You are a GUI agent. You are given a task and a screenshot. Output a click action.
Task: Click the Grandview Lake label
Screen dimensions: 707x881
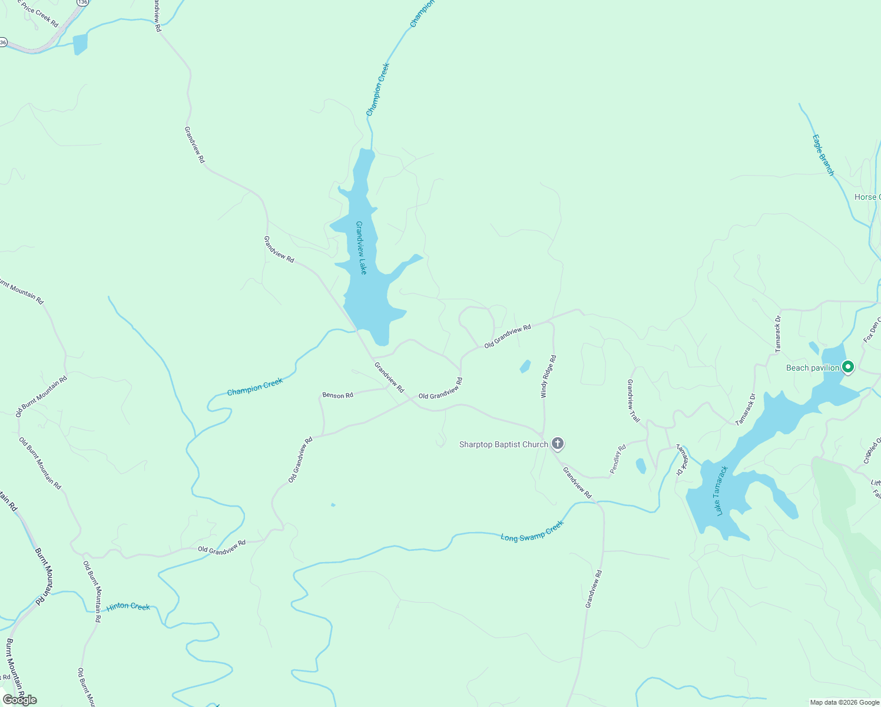361,247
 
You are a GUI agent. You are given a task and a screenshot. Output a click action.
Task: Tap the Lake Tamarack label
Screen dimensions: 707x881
723,491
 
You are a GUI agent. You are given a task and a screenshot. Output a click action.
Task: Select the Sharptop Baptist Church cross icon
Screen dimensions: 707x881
557,444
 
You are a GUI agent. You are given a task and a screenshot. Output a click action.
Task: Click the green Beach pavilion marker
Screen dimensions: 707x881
847,367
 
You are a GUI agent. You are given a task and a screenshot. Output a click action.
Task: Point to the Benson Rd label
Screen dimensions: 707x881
337,395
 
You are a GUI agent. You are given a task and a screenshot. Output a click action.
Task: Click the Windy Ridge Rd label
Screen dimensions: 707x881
548,376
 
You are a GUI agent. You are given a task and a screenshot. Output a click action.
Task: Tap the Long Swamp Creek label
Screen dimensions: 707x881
532,530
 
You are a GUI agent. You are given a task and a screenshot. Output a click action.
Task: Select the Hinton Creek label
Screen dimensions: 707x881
128,607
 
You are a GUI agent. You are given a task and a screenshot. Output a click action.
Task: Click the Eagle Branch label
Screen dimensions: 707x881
823,155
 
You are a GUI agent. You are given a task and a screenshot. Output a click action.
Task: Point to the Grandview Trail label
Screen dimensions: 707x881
633,401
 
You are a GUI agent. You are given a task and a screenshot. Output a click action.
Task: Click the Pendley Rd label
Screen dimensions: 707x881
618,459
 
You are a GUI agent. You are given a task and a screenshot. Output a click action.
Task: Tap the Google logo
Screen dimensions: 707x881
19,700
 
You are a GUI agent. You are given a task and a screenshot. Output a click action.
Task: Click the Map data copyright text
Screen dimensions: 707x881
843,702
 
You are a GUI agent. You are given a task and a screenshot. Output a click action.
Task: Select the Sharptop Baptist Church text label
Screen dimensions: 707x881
504,444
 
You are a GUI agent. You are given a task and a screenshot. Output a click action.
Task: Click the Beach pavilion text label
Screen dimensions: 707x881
812,368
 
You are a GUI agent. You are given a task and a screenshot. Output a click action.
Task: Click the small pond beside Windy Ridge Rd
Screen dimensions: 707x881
525,366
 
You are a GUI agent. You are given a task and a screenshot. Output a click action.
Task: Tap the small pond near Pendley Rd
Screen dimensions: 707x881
641,466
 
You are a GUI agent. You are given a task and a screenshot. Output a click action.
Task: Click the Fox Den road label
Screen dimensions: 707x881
871,332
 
